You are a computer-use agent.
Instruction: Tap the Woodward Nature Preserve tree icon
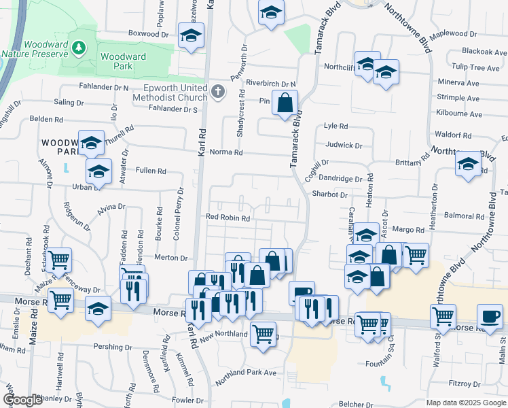point(80,48)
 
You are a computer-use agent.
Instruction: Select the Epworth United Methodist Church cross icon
point(217,92)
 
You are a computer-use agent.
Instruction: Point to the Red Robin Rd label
point(229,219)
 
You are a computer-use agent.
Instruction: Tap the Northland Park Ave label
point(246,373)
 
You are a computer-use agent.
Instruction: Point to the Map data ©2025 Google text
point(465,403)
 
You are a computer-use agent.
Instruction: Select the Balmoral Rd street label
point(465,216)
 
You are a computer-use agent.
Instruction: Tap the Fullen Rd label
point(151,171)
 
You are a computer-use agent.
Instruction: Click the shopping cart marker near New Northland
point(263,333)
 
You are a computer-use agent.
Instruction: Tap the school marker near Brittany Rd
point(468,165)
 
